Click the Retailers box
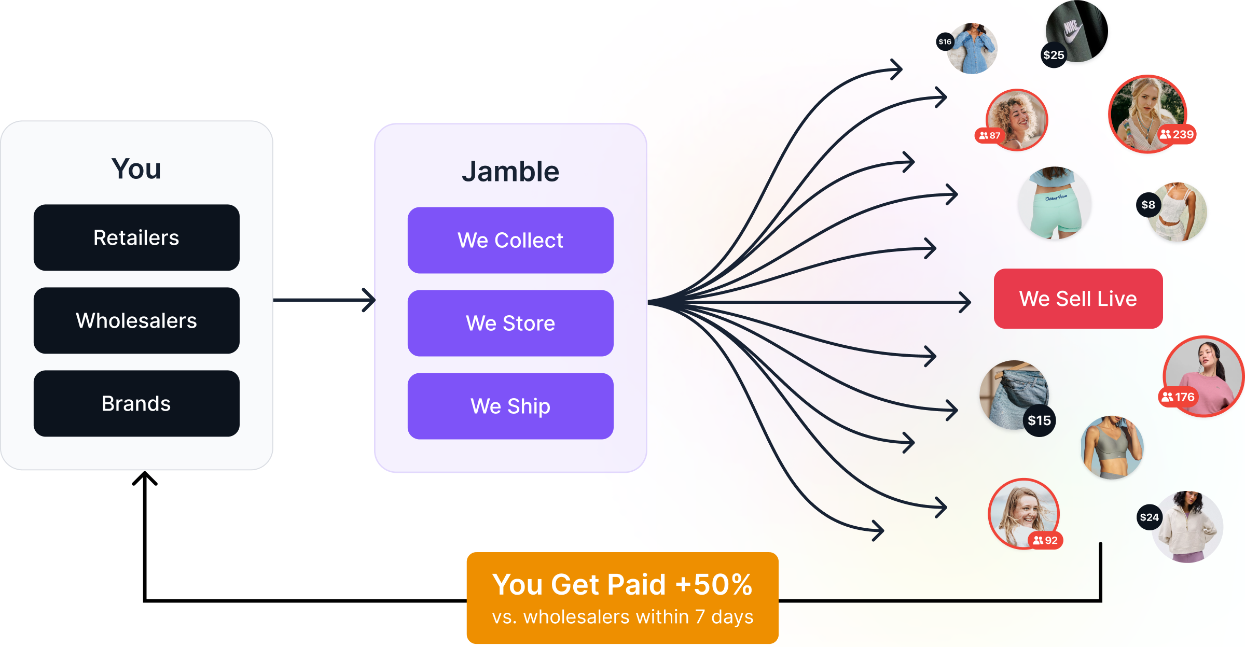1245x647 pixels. click(136, 237)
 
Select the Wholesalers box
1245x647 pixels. click(136, 320)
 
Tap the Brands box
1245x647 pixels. click(136, 403)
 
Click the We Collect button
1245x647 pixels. click(510, 240)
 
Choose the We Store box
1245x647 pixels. click(510, 323)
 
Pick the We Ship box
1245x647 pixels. click(510, 406)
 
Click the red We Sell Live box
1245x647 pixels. click(1078, 299)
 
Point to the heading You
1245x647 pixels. click(136, 169)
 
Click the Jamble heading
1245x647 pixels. click(510, 172)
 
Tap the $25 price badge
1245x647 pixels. click(1054, 55)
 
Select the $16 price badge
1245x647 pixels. click(945, 41)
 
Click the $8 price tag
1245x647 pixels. click(1148, 205)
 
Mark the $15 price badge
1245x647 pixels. click(1039, 420)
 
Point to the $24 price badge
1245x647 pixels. click(1149, 517)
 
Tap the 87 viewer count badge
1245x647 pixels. click(990, 135)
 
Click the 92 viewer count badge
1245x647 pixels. click(1045, 540)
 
